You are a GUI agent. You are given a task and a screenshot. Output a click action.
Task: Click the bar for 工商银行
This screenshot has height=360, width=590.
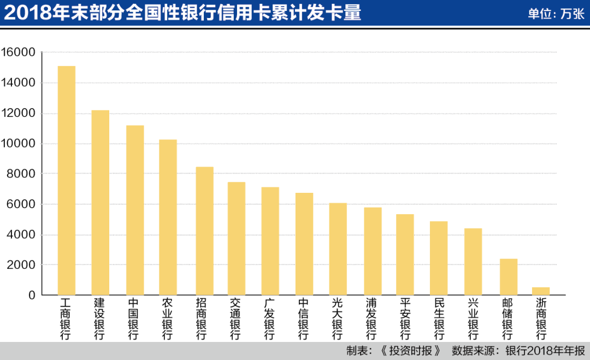[x=66, y=180]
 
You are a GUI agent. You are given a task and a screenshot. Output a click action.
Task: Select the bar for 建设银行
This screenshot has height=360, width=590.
[x=100, y=203]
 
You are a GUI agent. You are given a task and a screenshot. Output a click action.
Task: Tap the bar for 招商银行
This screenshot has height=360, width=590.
[x=204, y=231]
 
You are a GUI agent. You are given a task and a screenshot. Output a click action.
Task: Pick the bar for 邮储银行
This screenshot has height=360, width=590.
[x=508, y=277]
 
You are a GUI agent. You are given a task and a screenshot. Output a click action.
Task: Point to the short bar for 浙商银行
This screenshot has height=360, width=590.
[x=541, y=291]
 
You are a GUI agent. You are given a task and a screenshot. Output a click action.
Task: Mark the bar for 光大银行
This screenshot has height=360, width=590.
[x=338, y=249]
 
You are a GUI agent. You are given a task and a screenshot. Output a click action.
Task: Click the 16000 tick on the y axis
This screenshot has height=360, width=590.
[x=18, y=52]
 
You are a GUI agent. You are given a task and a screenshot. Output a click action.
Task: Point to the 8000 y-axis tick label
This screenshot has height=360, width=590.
[x=21, y=174]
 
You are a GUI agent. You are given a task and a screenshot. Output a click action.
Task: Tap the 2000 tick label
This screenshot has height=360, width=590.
[x=21, y=265]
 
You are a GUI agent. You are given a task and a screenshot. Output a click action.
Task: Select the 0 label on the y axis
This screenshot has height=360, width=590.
[x=32, y=296]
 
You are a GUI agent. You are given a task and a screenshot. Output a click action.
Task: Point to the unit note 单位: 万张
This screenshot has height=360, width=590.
[x=556, y=14]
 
